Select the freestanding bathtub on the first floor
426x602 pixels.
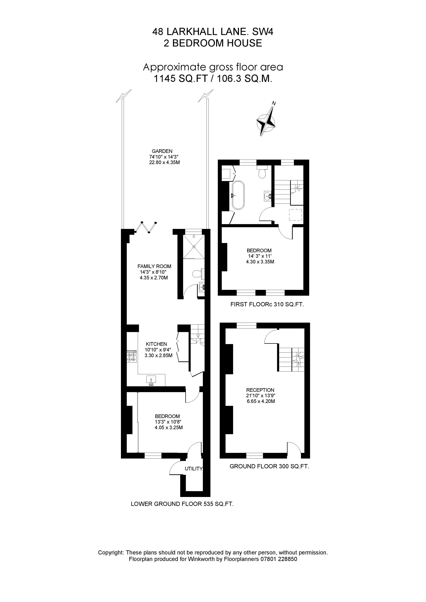pos(238,195)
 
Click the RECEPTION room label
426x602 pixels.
pos(260,390)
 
